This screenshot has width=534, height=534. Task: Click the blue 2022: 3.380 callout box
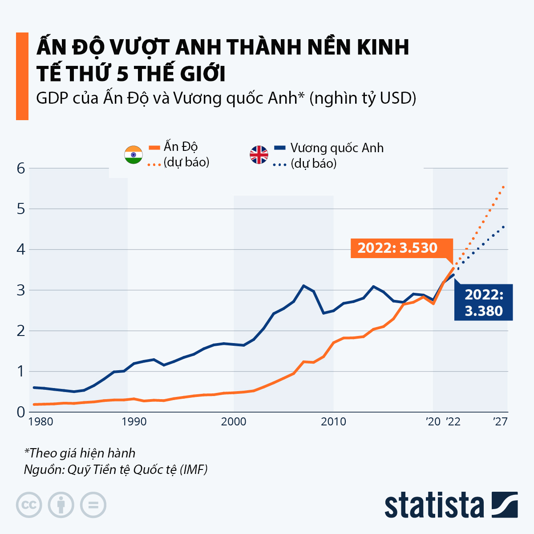pos(483,302)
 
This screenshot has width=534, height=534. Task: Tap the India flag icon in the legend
pos(133,154)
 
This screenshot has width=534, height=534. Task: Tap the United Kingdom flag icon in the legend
pos(259,155)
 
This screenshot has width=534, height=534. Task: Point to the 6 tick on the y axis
pos(20,168)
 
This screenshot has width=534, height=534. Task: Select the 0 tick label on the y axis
pos(20,412)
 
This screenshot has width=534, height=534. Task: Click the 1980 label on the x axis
pos(40,421)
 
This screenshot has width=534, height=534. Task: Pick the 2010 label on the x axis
pos(333,421)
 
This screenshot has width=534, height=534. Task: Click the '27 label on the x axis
pos(500,421)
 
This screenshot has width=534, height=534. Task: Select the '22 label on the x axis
pos(453,421)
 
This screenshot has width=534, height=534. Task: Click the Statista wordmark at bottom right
pos(434,505)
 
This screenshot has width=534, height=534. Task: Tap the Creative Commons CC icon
pos(29,505)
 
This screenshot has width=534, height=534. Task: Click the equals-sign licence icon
pos(93,505)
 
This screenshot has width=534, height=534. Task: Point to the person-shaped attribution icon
pos(61,505)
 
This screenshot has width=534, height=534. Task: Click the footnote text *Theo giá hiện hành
pos(80,453)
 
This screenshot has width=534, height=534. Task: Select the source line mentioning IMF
pos(116,469)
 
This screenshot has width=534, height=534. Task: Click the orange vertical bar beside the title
pos(22,76)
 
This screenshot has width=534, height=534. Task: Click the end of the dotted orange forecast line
pos(503,187)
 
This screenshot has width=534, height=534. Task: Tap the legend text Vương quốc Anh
pos(337,148)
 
